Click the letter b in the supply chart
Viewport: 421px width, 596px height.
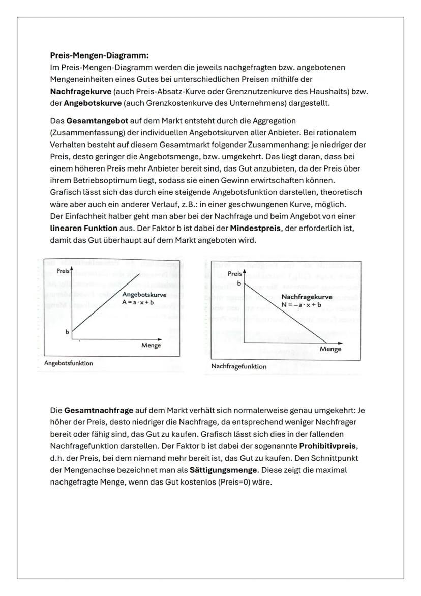(66, 332)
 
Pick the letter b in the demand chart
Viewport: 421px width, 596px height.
(238, 283)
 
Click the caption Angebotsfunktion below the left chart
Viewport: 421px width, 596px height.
(69, 363)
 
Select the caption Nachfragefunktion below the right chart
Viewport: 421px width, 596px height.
(238, 366)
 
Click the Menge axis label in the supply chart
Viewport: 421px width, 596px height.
(151, 345)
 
